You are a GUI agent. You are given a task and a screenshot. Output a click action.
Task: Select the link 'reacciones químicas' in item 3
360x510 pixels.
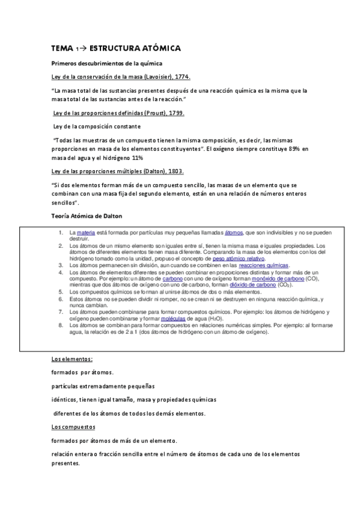[x=264, y=265]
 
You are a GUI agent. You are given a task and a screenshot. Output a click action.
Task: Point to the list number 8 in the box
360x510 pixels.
[x=61, y=325]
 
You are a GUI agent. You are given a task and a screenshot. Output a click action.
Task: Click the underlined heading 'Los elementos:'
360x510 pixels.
[x=72, y=360]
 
